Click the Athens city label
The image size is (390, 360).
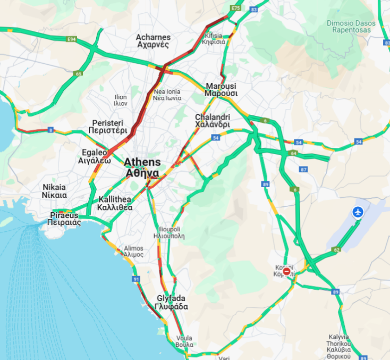tap(141, 168)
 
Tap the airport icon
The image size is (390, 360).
tap(358, 212)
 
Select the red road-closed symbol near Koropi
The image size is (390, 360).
tap(287, 272)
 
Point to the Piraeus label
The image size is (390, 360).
tap(64, 219)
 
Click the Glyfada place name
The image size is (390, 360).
tap(172, 303)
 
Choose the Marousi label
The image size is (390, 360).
tap(221, 89)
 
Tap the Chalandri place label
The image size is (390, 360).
tap(212, 121)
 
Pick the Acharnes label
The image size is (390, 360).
tap(153, 41)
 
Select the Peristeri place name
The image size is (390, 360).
tap(108, 126)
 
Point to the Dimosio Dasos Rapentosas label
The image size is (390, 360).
tap(351, 27)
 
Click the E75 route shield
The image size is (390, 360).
tap(235, 9)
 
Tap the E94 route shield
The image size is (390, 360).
tap(71, 39)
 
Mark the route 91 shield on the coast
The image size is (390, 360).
tap(137, 279)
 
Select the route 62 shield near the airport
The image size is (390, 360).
tap(336, 249)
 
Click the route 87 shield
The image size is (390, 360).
tap(303, 170)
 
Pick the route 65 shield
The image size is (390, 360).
tap(79, 74)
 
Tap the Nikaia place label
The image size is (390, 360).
tap(54, 191)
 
